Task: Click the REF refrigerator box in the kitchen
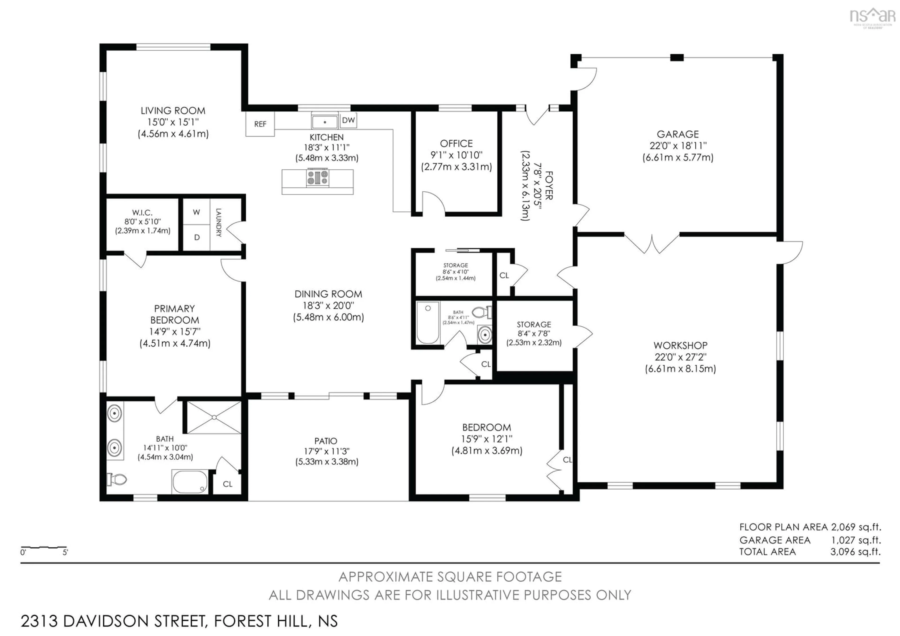pos(260,124)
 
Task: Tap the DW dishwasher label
pos(348,120)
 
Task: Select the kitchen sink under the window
pos(325,122)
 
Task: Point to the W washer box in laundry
pos(196,212)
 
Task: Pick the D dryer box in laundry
pos(197,237)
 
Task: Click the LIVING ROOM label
pos(173,111)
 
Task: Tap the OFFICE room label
pos(456,143)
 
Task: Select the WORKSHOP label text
pos(680,345)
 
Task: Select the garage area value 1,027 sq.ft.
pos(856,540)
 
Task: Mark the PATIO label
pos(325,441)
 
